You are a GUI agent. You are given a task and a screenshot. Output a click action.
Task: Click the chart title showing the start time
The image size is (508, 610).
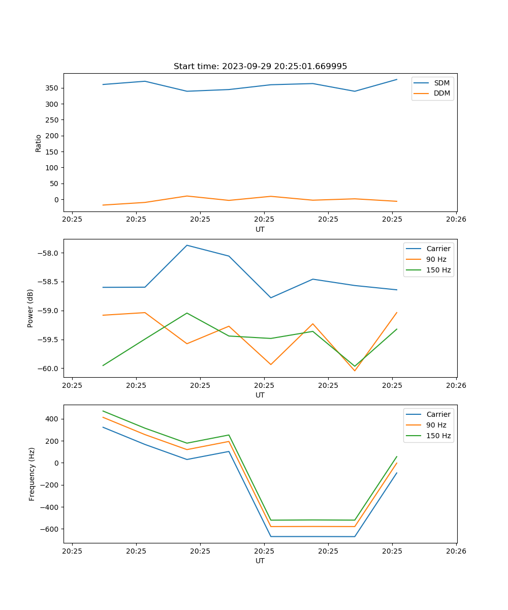click(x=260, y=67)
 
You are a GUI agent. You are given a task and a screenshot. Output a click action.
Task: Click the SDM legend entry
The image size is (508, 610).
click(x=441, y=83)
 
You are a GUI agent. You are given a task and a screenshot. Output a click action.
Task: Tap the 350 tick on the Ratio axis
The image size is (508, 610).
click(x=52, y=88)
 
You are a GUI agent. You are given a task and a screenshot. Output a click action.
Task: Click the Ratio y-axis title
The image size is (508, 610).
click(x=39, y=143)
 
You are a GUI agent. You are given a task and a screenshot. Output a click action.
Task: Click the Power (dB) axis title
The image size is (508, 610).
click(x=30, y=308)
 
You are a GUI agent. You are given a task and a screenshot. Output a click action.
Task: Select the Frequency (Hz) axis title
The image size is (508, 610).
click(x=31, y=474)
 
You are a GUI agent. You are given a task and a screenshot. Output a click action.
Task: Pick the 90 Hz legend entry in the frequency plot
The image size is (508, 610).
click(x=436, y=425)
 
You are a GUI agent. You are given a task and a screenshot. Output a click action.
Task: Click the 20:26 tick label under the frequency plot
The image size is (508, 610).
click(x=456, y=551)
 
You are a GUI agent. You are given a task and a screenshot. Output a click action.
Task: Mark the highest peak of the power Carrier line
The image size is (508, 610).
click(x=187, y=246)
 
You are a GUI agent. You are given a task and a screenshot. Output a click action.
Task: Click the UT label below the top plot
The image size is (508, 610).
click(x=260, y=229)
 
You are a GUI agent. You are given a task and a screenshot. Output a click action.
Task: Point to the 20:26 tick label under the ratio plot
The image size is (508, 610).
click(x=456, y=220)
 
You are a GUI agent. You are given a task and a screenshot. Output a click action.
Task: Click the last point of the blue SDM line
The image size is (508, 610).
click(x=397, y=79)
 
